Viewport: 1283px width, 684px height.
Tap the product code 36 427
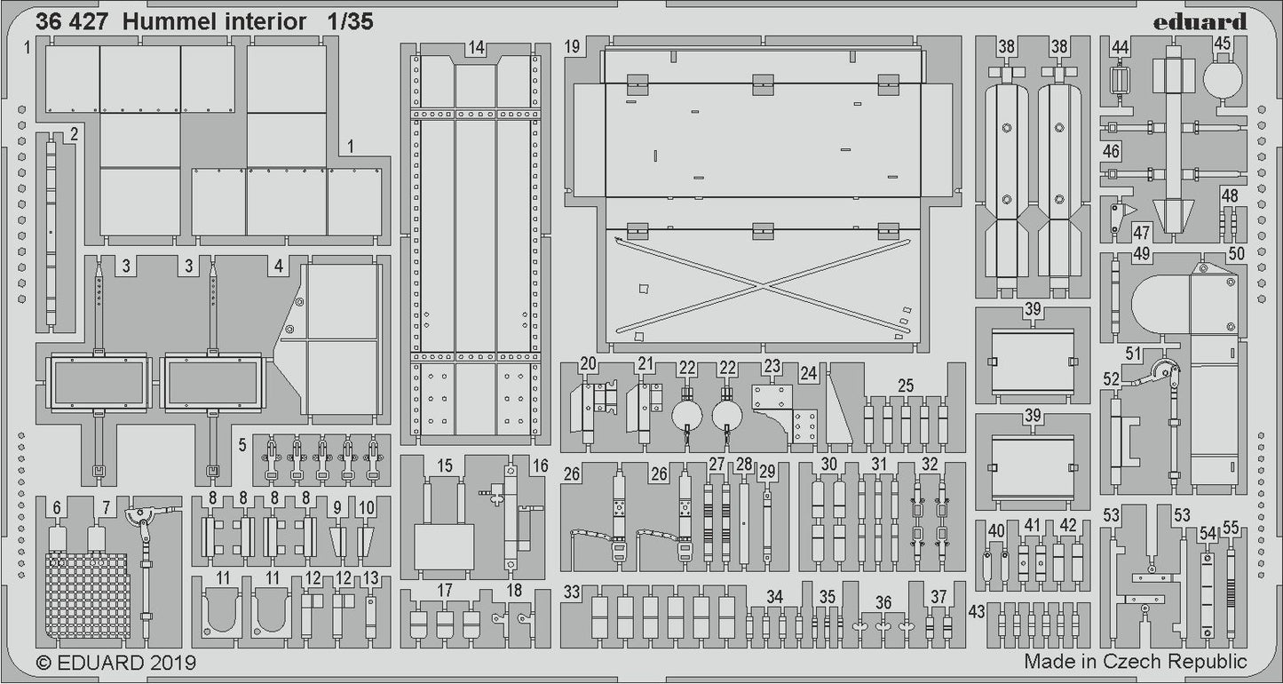72,22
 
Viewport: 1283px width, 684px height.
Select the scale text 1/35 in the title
347,22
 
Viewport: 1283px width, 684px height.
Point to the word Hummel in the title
169,22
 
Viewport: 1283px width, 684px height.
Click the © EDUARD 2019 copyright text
116,663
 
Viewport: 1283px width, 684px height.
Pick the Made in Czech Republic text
1135,662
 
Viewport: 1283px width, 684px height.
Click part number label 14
477,48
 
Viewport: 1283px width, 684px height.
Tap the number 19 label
573,46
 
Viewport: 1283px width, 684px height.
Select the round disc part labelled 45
1223,77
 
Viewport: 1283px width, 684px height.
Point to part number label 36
883,603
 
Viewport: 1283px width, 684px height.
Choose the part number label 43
977,612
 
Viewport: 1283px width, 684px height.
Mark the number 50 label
1237,253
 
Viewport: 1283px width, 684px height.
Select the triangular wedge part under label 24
839,409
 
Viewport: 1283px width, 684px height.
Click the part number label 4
279,266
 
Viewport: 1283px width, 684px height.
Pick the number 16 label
541,465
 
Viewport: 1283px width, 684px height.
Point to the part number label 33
572,593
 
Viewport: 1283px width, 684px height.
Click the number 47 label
1141,233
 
